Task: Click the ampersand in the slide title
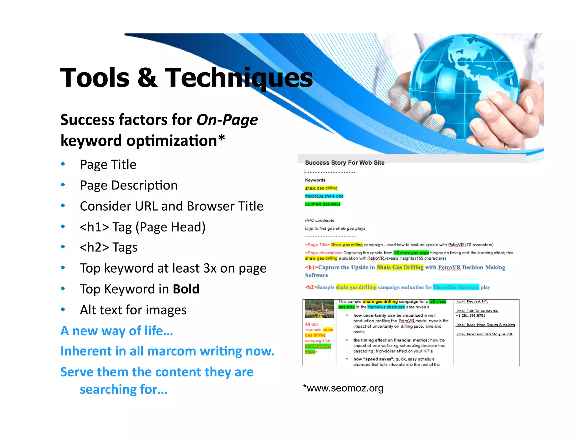[147, 78]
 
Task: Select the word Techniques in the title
[239, 78]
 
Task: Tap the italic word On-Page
[227, 120]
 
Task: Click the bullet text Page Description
[129, 185]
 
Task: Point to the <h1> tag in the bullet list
[94, 227]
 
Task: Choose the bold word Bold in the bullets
[186, 289]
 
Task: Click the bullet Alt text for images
[133, 310]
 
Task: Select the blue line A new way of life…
[117, 331]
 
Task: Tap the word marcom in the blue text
[172, 351]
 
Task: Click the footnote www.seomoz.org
[345, 388]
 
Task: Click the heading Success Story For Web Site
[345, 163]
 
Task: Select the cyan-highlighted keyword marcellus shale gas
[324, 196]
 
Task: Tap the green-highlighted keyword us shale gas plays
[323, 204]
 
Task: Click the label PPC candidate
[319, 220]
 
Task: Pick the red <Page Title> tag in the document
[317, 245]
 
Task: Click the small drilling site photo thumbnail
[319, 309]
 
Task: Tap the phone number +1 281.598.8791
[470, 316]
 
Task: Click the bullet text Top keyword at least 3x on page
[173, 268]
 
